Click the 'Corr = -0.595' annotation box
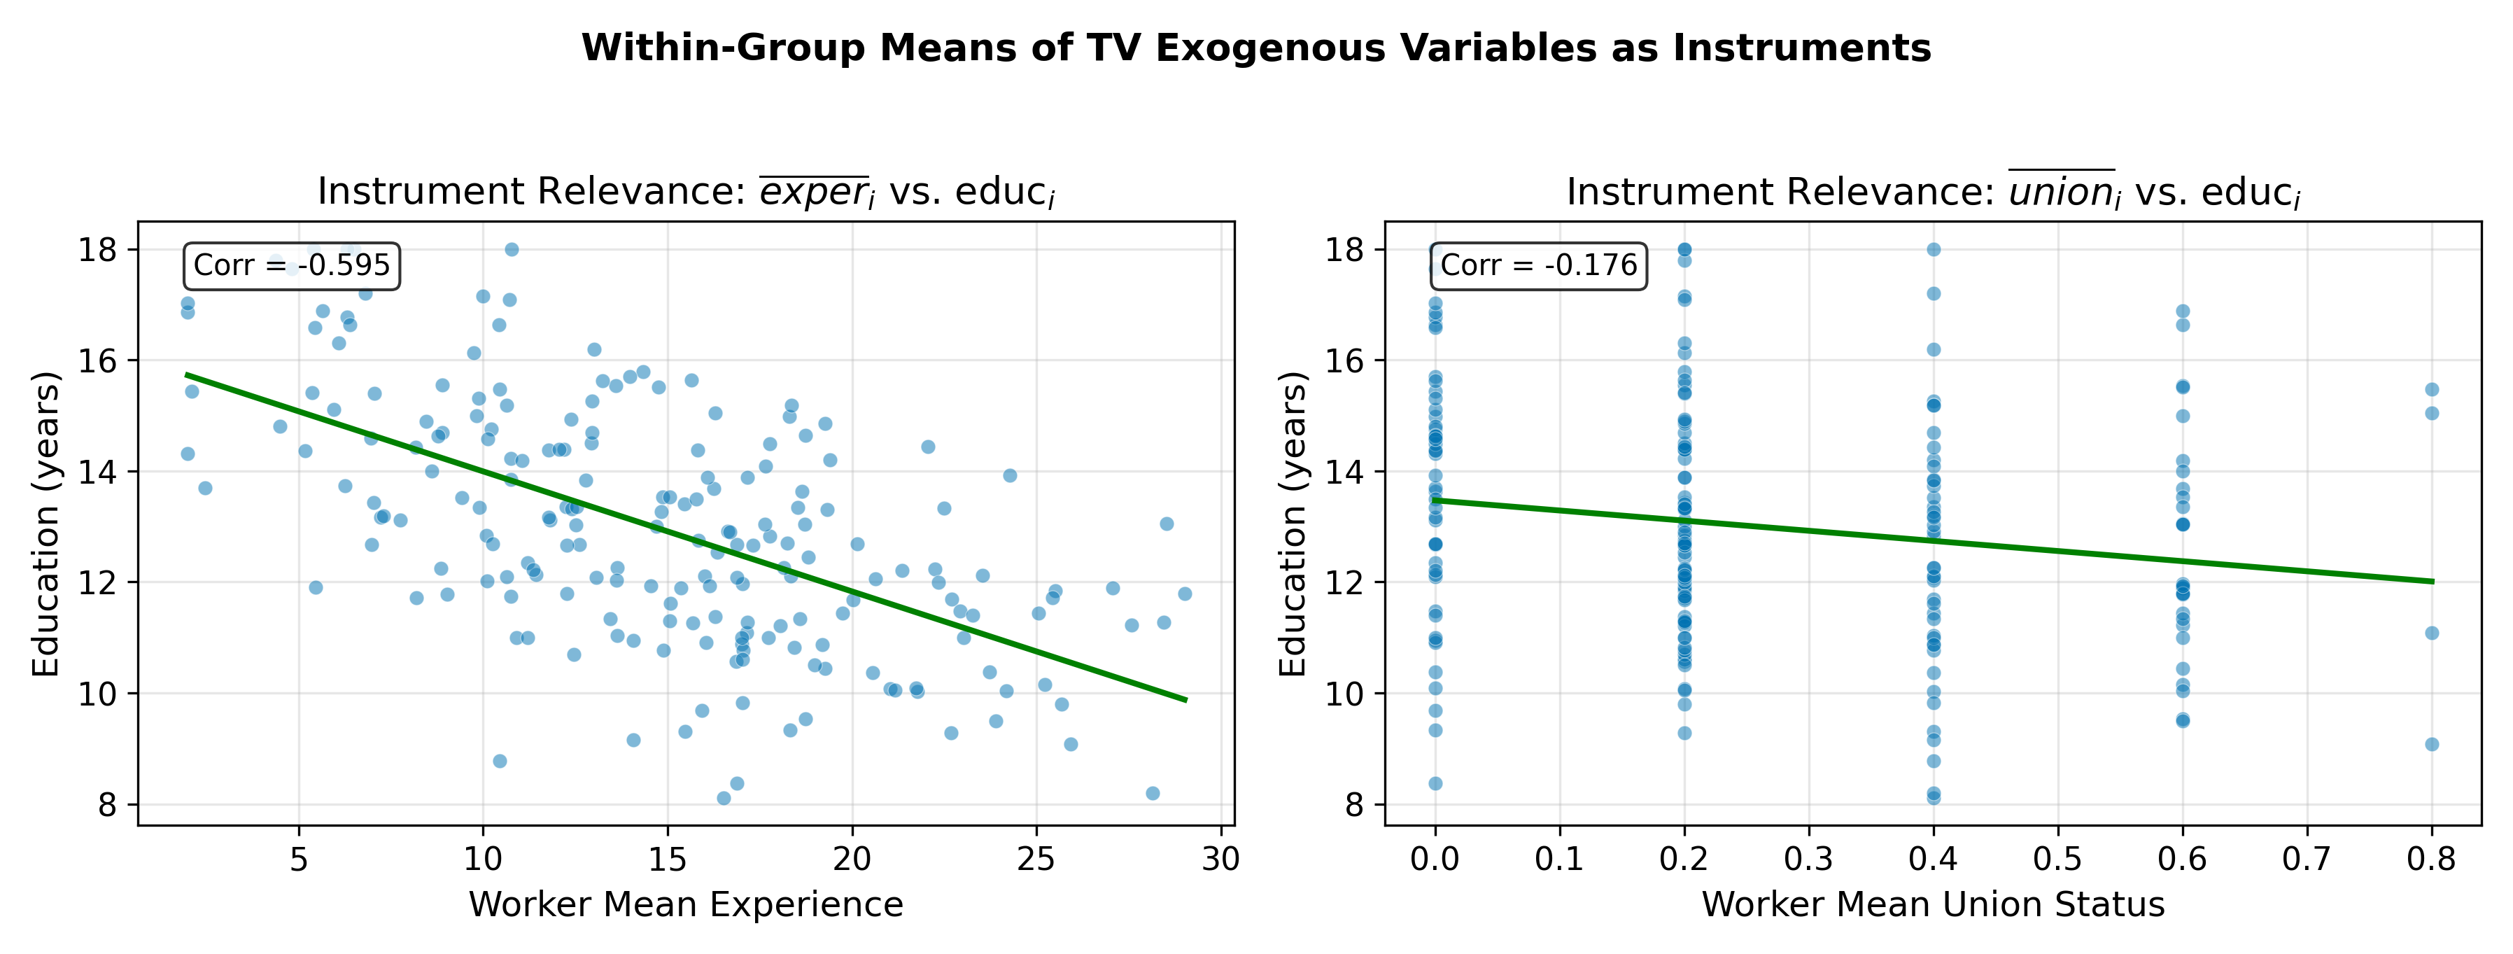(292, 265)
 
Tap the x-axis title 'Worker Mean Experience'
(686, 904)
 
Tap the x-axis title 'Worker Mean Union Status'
(1933, 904)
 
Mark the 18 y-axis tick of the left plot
(97, 250)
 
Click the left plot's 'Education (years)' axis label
(46, 524)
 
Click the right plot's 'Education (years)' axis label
(1293, 524)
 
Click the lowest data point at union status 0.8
(2432, 744)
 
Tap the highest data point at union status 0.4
(1934, 250)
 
